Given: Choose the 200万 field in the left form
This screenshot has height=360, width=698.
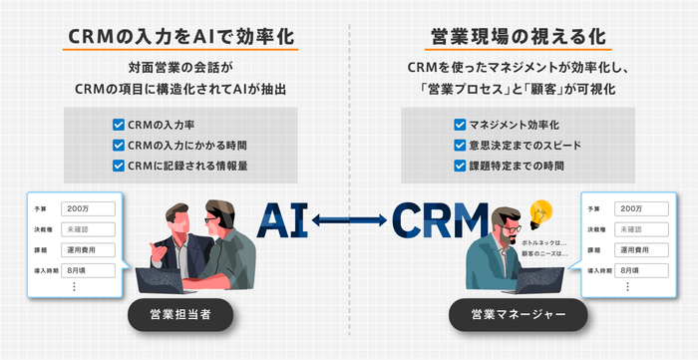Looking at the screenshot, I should pos(88,209).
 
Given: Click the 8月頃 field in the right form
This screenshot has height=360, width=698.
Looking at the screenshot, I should pos(637,269).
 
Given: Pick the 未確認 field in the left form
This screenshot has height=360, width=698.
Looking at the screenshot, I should pos(88,229).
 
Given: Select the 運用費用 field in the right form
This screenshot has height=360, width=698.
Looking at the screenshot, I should pos(637,249).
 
